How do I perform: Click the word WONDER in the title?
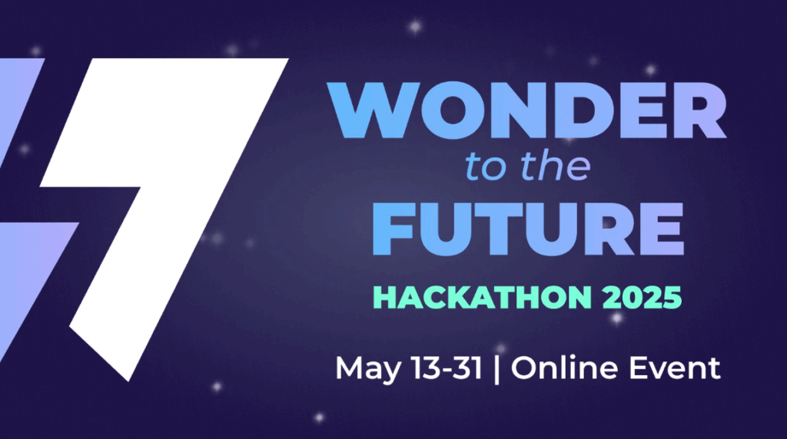click(x=527, y=110)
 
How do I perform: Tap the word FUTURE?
click(x=527, y=229)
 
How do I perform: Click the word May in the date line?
click(x=368, y=370)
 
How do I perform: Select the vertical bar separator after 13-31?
click(x=497, y=369)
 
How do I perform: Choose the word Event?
click(x=675, y=368)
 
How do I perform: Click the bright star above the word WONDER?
click(x=414, y=27)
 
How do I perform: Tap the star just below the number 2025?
click(x=617, y=318)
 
